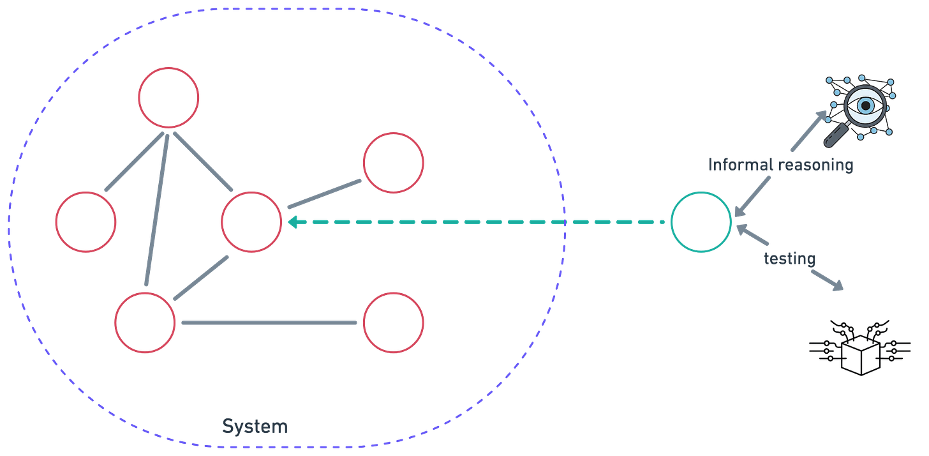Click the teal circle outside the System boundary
tap(701, 222)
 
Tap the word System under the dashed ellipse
tap(255, 426)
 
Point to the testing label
tap(791, 259)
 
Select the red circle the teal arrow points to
tap(251, 221)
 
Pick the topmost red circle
tap(168, 97)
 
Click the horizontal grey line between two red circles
tap(269, 323)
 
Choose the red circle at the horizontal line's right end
tap(393, 322)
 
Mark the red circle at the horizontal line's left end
tap(145, 322)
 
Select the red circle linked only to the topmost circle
tap(85, 221)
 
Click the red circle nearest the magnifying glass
tap(393, 162)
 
